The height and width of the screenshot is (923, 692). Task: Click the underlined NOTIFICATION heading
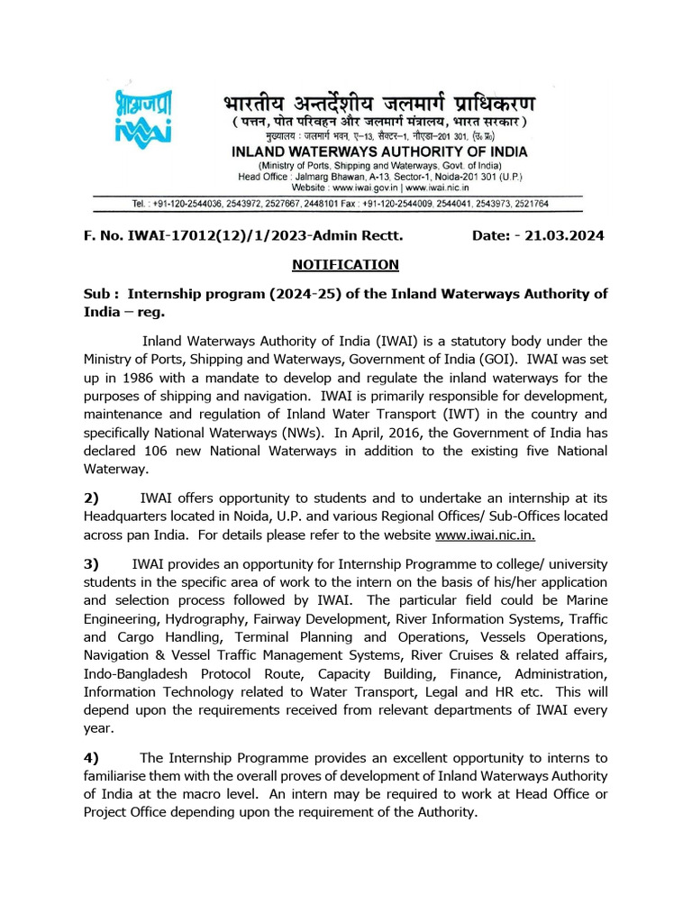(x=345, y=264)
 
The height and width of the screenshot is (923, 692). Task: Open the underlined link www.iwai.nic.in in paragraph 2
(x=486, y=535)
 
